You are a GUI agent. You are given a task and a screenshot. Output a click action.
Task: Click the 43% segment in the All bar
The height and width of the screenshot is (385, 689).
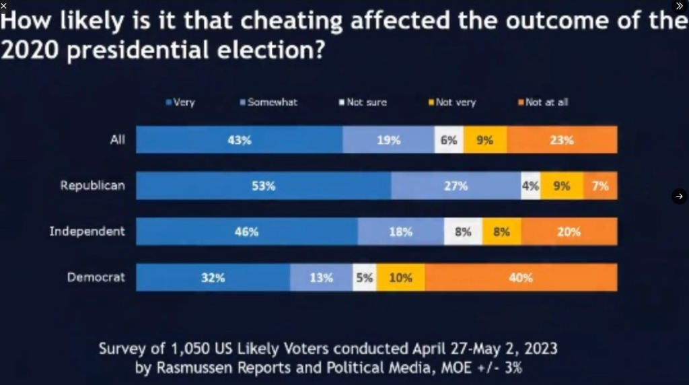click(x=239, y=140)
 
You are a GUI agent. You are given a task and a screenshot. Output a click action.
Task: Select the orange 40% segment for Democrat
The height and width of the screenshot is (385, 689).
click(x=521, y=277)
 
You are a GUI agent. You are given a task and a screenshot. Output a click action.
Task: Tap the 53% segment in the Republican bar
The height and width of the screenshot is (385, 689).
click(x=263, y=186)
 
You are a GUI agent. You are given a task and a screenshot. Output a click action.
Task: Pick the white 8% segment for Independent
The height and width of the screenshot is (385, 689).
click(x=463, y=232)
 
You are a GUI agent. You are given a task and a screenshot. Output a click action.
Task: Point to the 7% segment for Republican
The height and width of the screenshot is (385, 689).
click(x=600, y=186)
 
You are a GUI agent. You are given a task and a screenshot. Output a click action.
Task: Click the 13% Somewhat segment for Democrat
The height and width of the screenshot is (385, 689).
click(x=321, y=277)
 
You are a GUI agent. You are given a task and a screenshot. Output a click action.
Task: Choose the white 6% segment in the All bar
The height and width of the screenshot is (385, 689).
click(x=449, y=140)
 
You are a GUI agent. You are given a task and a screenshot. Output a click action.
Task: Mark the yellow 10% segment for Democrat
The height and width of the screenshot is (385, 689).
click(x=400, y=277)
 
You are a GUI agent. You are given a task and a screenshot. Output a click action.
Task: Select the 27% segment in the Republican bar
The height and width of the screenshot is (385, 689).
click(x=456, y=186)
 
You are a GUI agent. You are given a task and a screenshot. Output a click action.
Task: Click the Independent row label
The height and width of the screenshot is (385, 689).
click(x=87, y=231)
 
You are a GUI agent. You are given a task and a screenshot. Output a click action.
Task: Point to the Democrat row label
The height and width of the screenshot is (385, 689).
click(x=96, y=277)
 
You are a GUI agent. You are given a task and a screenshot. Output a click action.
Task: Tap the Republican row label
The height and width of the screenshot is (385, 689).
click(x=92, y=185)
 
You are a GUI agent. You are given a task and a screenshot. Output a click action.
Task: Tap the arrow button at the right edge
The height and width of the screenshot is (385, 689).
click(x=679, y=196)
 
